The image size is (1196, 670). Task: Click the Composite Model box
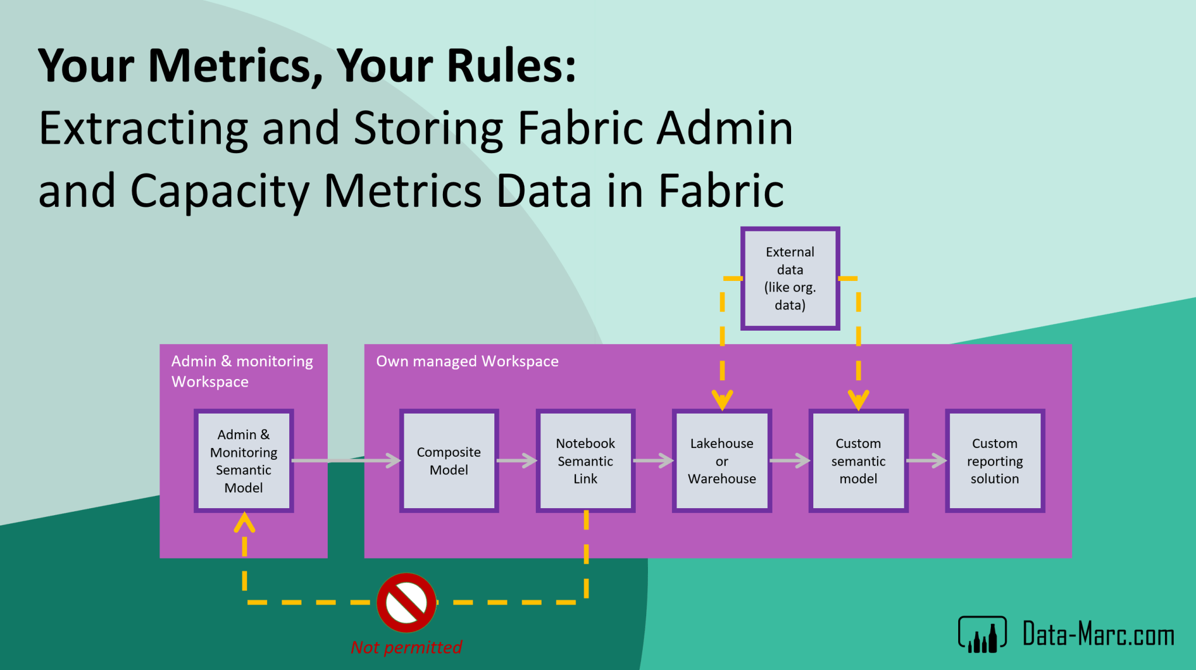click(x=449, y=461)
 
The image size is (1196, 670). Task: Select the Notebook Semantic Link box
click(x=585, y=461)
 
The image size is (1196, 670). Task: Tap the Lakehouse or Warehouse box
click(x=722, y=461)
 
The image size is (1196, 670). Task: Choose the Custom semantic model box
click(x=858, y=461)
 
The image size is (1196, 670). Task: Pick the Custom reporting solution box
click(x=994, y=461)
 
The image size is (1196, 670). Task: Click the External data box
click(x=790, y=279)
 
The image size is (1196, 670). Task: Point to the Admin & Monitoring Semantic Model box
click(x=244, y=461)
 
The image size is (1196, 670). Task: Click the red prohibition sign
click(x=407, y=602)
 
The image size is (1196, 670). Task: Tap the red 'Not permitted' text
click(x=406, y=647)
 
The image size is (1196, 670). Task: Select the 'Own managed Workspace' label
click(x=467, y=362)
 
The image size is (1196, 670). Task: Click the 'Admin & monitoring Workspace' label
click(x=242, y=372)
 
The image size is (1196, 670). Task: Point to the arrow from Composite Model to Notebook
click(x=517, y=461)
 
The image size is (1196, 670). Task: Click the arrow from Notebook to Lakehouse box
click(x=654, y=461)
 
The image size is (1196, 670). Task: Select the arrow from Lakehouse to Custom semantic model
click(x=790, y=461)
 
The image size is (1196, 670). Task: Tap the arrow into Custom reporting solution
click(x=927, y=461)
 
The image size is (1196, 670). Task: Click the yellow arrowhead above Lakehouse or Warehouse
click(x=722, y=400)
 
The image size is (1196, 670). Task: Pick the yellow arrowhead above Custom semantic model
click(x=858, y=400)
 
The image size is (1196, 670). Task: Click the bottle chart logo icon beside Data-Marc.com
click(x=982, y=634)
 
